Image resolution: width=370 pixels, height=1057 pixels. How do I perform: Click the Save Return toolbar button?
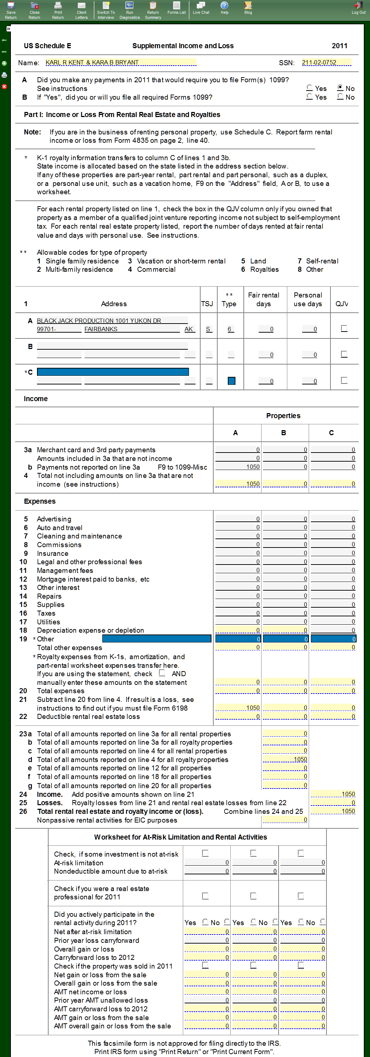pos(11,10)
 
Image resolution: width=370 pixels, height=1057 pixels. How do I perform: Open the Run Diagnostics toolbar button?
pos(129,10)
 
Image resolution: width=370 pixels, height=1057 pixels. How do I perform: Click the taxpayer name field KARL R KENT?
pos(121,62)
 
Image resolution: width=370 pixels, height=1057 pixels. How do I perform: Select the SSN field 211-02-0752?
pos(326,62)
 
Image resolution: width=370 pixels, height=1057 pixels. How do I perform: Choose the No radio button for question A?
pos(340,88)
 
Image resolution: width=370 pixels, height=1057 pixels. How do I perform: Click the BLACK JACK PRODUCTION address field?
pos(112,320)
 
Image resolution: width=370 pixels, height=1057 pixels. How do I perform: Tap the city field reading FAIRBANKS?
pos(132,329)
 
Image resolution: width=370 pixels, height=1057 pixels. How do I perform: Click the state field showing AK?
pos(189,329)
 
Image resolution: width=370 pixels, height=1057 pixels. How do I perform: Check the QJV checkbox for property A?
pos(344,328)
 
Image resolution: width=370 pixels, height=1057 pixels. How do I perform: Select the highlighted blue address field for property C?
pos(113,372)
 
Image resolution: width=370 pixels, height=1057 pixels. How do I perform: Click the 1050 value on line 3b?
pos(238,467)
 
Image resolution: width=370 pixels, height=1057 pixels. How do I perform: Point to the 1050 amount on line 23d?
pos(285,760)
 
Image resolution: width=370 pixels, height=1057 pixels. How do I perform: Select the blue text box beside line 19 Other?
pos(156,639)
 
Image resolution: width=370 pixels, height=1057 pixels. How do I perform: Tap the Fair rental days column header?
pos(263,300)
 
